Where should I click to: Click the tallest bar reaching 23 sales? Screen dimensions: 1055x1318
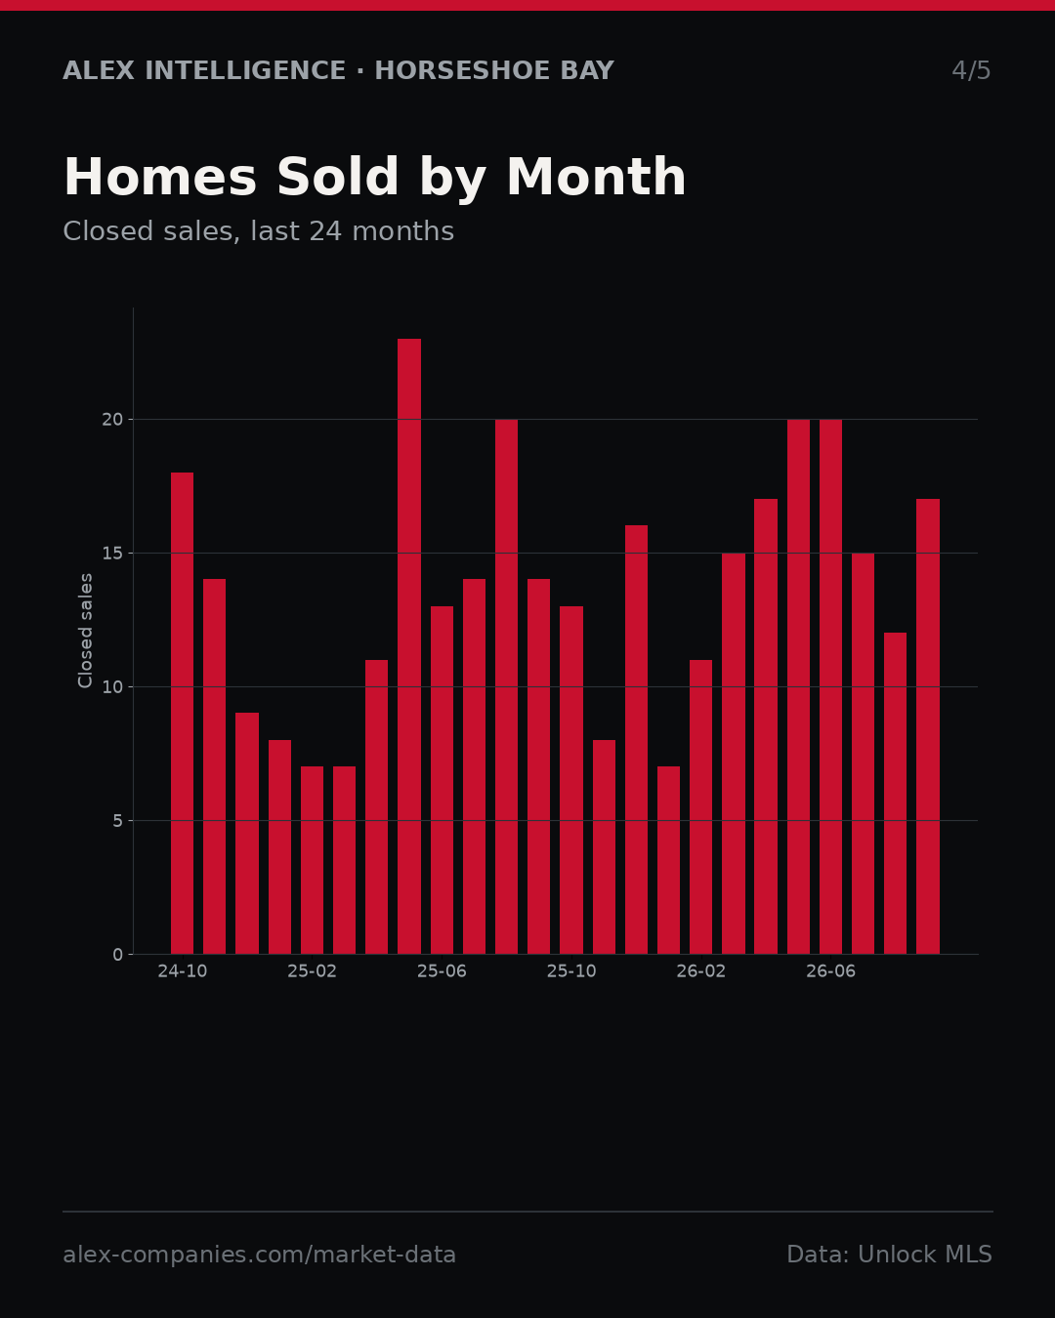pyautogui.click(x=409, y=646)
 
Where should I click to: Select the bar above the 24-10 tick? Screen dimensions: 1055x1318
pyautogui.click(x=182, y=713)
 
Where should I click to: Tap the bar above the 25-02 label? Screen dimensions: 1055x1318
pyautogui.click(x=312, y=860)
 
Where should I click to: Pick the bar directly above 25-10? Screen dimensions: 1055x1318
pyautogui.click(x=571, y=780)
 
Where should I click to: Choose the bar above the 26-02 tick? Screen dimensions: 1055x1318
pyautogui.click(x=700, y=806)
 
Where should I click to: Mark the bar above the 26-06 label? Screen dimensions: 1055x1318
pyautogui.click(x=830, y=686)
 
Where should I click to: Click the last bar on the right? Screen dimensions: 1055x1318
pyautogui.click(x=928, y=726)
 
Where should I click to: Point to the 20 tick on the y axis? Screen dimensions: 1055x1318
pyautogui.click(x=112, y=420)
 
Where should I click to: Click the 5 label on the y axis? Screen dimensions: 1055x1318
pyautogui.click(x=118, y=821)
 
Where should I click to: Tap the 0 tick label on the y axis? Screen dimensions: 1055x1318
pyautogui.click(x=118, y=955)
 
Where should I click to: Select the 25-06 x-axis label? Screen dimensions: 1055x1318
pyautogui.click(x=442, y=971)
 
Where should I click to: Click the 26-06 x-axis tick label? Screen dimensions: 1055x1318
pyautogui.click(x=830, y=971)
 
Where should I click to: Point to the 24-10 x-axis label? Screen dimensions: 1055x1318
pyautogui.click(x=182, y=971)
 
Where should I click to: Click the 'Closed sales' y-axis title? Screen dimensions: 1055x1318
pyautogui.click(x=85, y=631)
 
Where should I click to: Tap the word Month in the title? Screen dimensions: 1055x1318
pyautogui.click(x=596, y=177)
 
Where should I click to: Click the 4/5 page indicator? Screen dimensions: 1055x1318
pyautogui.click(x=971, y=70)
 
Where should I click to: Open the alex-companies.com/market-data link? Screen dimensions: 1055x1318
pyautogui.click(x=259, y=1255)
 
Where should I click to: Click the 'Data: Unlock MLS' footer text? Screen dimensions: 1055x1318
pyautogui.click(x=889, y=1255)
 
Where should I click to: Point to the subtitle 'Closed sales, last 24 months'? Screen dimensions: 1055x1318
pyautogui.click(x=258, y=231)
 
